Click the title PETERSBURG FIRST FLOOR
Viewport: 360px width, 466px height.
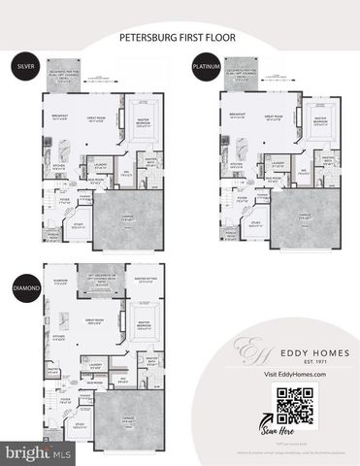pos(180,40)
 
